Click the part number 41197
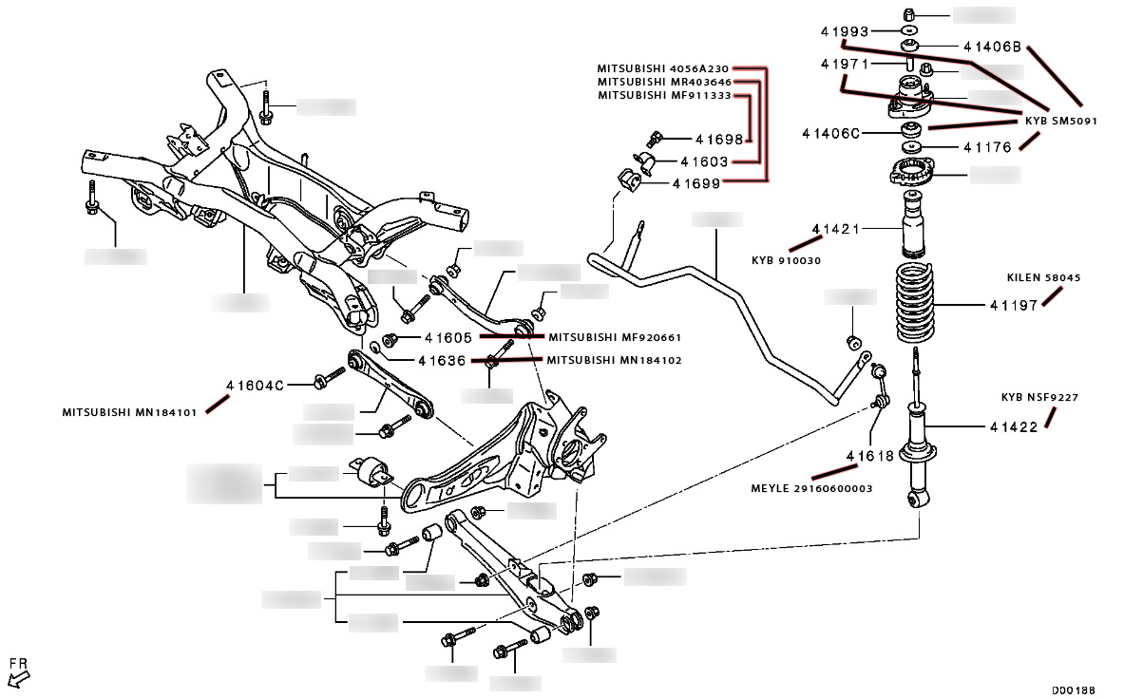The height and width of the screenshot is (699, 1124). (x=1012, y=306)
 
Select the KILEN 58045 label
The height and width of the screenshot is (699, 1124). (x=1043, y=278)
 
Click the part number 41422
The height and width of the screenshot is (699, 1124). (x=1013, y=427)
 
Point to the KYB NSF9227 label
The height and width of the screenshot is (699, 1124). (x=1039, y=397)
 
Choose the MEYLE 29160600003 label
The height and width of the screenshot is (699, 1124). (x=812, y=488)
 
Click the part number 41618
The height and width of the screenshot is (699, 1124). (x=870, y=456)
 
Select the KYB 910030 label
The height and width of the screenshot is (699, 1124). (x=786, y=260)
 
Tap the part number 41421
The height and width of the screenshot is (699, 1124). (x=835, y=229)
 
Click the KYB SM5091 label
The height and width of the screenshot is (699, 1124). (x=1060, y=122)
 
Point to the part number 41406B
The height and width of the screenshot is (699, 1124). (x=991, y=46)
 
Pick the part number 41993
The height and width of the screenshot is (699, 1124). (x=845, y=31)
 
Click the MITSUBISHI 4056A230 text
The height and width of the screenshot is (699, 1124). (x=662, y=68)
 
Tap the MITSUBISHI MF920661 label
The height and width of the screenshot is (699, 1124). (x=614, y=337)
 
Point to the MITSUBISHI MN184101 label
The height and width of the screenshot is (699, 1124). (x=131, y=413)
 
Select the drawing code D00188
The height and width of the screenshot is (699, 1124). (x=1074, y=690)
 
